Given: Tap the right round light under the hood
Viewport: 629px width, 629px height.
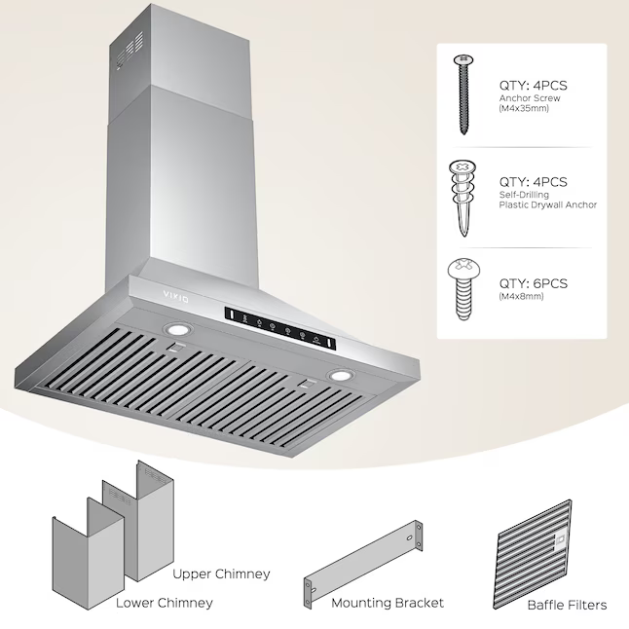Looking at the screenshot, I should pyautogui.click(x=339, y=376).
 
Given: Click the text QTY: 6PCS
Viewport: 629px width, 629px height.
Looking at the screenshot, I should pyautogui.click(x=533, y=283).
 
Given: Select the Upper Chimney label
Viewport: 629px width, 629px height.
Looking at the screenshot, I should pyautogui.click(x=222, y=573).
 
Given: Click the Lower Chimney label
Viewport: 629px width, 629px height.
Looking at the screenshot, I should pyautogui.click(x=165, y=603).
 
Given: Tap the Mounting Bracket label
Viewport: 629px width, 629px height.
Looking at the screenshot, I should pyautogui.click(x=388, y=603).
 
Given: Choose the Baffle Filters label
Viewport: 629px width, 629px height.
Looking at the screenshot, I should pyautogui.click(x=567, y=605).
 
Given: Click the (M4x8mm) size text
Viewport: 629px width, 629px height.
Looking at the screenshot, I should pyautogui.click(x=522, y=296).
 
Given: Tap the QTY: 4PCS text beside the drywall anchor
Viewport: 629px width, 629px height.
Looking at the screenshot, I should pyautogui.click(x=533, y=181).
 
